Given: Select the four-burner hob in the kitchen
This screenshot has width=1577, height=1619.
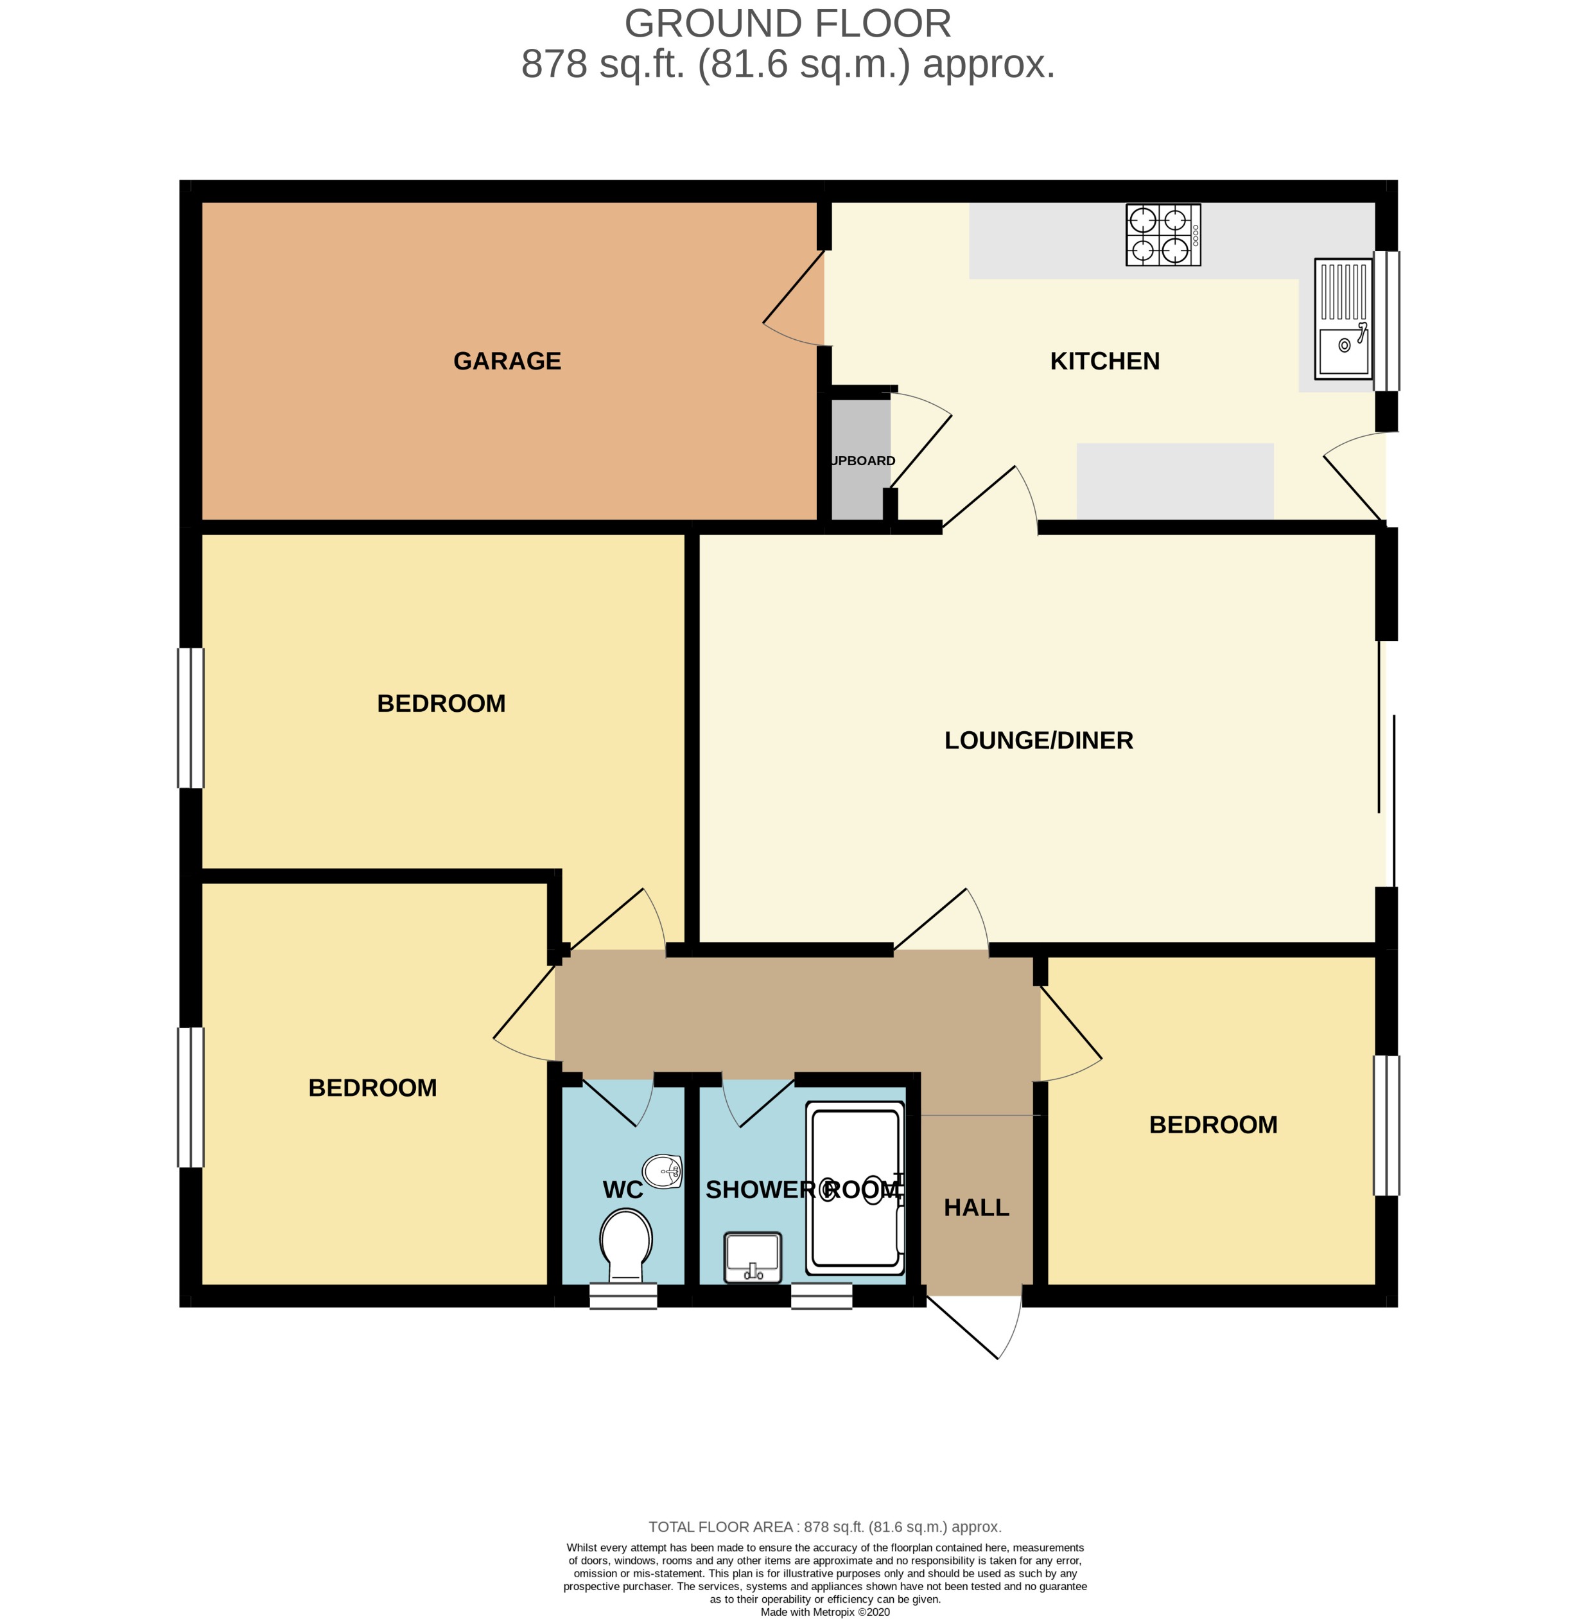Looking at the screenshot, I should tap(1162, 234).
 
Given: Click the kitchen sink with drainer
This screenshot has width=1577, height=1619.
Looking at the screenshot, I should tap(1343, 318).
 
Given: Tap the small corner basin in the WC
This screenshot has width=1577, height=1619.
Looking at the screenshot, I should tap(663, 1171).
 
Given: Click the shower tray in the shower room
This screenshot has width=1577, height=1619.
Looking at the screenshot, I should tap(855, 1187).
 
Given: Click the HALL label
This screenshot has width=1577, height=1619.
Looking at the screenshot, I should tap(976, 1207).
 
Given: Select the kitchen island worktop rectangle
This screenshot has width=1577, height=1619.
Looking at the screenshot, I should tap(1174, 481).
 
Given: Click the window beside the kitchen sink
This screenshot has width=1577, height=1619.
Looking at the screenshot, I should tap(1386, 321).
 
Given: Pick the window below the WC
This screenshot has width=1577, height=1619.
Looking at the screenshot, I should tap(623, 1296).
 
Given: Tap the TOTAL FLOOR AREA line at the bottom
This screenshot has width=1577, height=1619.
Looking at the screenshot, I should tap(824, 1526).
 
